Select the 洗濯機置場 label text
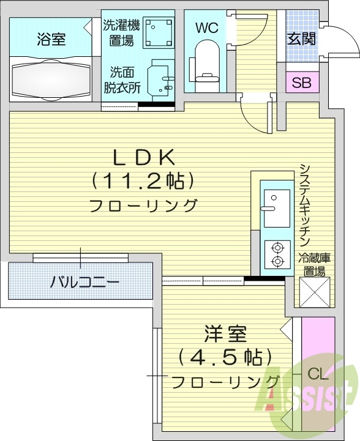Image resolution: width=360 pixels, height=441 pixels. [x=121, y=32]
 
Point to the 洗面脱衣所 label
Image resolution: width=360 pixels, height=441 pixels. [x=122, y=80]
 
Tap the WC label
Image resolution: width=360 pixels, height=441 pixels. [x=206, y=28]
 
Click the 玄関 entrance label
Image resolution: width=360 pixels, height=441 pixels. [x=301, y=39]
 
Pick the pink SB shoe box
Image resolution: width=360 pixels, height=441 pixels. [x=301, y=83]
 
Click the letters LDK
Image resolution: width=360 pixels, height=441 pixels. [x=143, y=157]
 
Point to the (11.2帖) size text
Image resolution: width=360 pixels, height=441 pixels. [x=143, y=180]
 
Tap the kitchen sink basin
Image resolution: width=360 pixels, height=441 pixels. [x=276, y=201]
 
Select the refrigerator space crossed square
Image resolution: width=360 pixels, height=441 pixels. [x=315, y=292]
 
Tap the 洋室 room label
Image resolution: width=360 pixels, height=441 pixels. [x=225, y=335]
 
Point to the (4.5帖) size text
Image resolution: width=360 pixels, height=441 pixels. [x=225, y=358]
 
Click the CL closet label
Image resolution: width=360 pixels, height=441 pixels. [x=317, y=373]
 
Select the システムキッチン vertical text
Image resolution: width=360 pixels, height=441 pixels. [x=306, y=205]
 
